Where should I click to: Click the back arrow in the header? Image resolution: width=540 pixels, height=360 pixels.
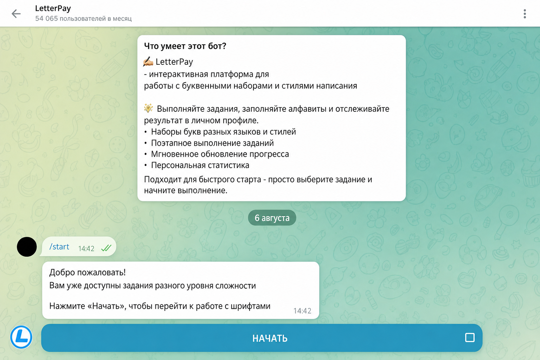click(16, 14)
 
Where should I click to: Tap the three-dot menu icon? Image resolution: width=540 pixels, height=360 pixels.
click(525, 14)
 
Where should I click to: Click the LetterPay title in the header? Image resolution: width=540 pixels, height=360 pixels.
click(53, 8)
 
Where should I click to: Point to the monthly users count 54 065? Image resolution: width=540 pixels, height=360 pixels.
click(46, 19)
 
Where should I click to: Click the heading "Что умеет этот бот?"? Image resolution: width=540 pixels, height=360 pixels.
click(185, 46)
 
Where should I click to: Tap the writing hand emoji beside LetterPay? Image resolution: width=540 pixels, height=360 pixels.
click(148, 62)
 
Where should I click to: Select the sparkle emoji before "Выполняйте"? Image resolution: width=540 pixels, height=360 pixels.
click(148, 108)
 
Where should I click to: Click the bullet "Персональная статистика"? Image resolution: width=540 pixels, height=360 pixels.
click(200, 166)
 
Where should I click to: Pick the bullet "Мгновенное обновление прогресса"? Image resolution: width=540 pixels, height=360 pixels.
click(220, 154)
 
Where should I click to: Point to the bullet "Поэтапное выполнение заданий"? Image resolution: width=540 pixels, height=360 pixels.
click(212, 143)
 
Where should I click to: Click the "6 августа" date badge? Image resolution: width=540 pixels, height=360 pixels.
click(272, 218)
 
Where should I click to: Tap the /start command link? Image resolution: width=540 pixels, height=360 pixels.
click(59, 247)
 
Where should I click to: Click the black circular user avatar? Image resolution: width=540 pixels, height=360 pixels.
click(27, 247)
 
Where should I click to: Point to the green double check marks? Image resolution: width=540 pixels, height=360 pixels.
click(106, 248)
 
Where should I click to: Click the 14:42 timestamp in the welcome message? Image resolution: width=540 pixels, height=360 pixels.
click(302, 311)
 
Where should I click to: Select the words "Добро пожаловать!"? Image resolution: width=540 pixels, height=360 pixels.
click(87, 272)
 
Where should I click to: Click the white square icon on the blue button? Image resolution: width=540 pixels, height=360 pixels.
click(470, 337)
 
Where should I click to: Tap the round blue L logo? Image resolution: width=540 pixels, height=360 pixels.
click(21, 337)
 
